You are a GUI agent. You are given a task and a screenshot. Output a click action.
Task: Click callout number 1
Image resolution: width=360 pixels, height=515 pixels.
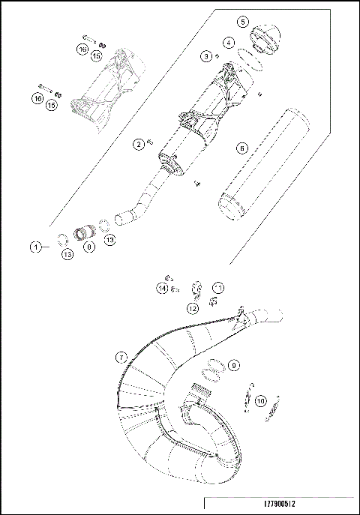(x=35, y=247)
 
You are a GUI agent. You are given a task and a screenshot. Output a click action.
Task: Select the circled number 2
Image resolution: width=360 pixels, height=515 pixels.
(x=138, y=143)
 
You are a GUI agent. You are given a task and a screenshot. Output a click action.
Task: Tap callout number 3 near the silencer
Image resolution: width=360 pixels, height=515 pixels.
(x=205, y=55)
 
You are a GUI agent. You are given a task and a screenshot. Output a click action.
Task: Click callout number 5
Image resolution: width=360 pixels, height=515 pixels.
(x=241, y=22)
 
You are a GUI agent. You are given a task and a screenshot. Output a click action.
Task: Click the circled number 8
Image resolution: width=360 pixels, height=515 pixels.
(x=89, y=246)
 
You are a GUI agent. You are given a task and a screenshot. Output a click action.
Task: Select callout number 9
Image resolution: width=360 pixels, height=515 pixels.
(x=233, y=365)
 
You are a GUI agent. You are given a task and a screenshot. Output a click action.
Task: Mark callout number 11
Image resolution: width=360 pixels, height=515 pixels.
(x=217, y=288)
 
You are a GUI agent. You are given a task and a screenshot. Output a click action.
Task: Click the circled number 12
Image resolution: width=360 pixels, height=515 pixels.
(x=193, y=308)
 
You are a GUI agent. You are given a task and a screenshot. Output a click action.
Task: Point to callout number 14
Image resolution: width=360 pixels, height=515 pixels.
(x=162, y=288)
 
